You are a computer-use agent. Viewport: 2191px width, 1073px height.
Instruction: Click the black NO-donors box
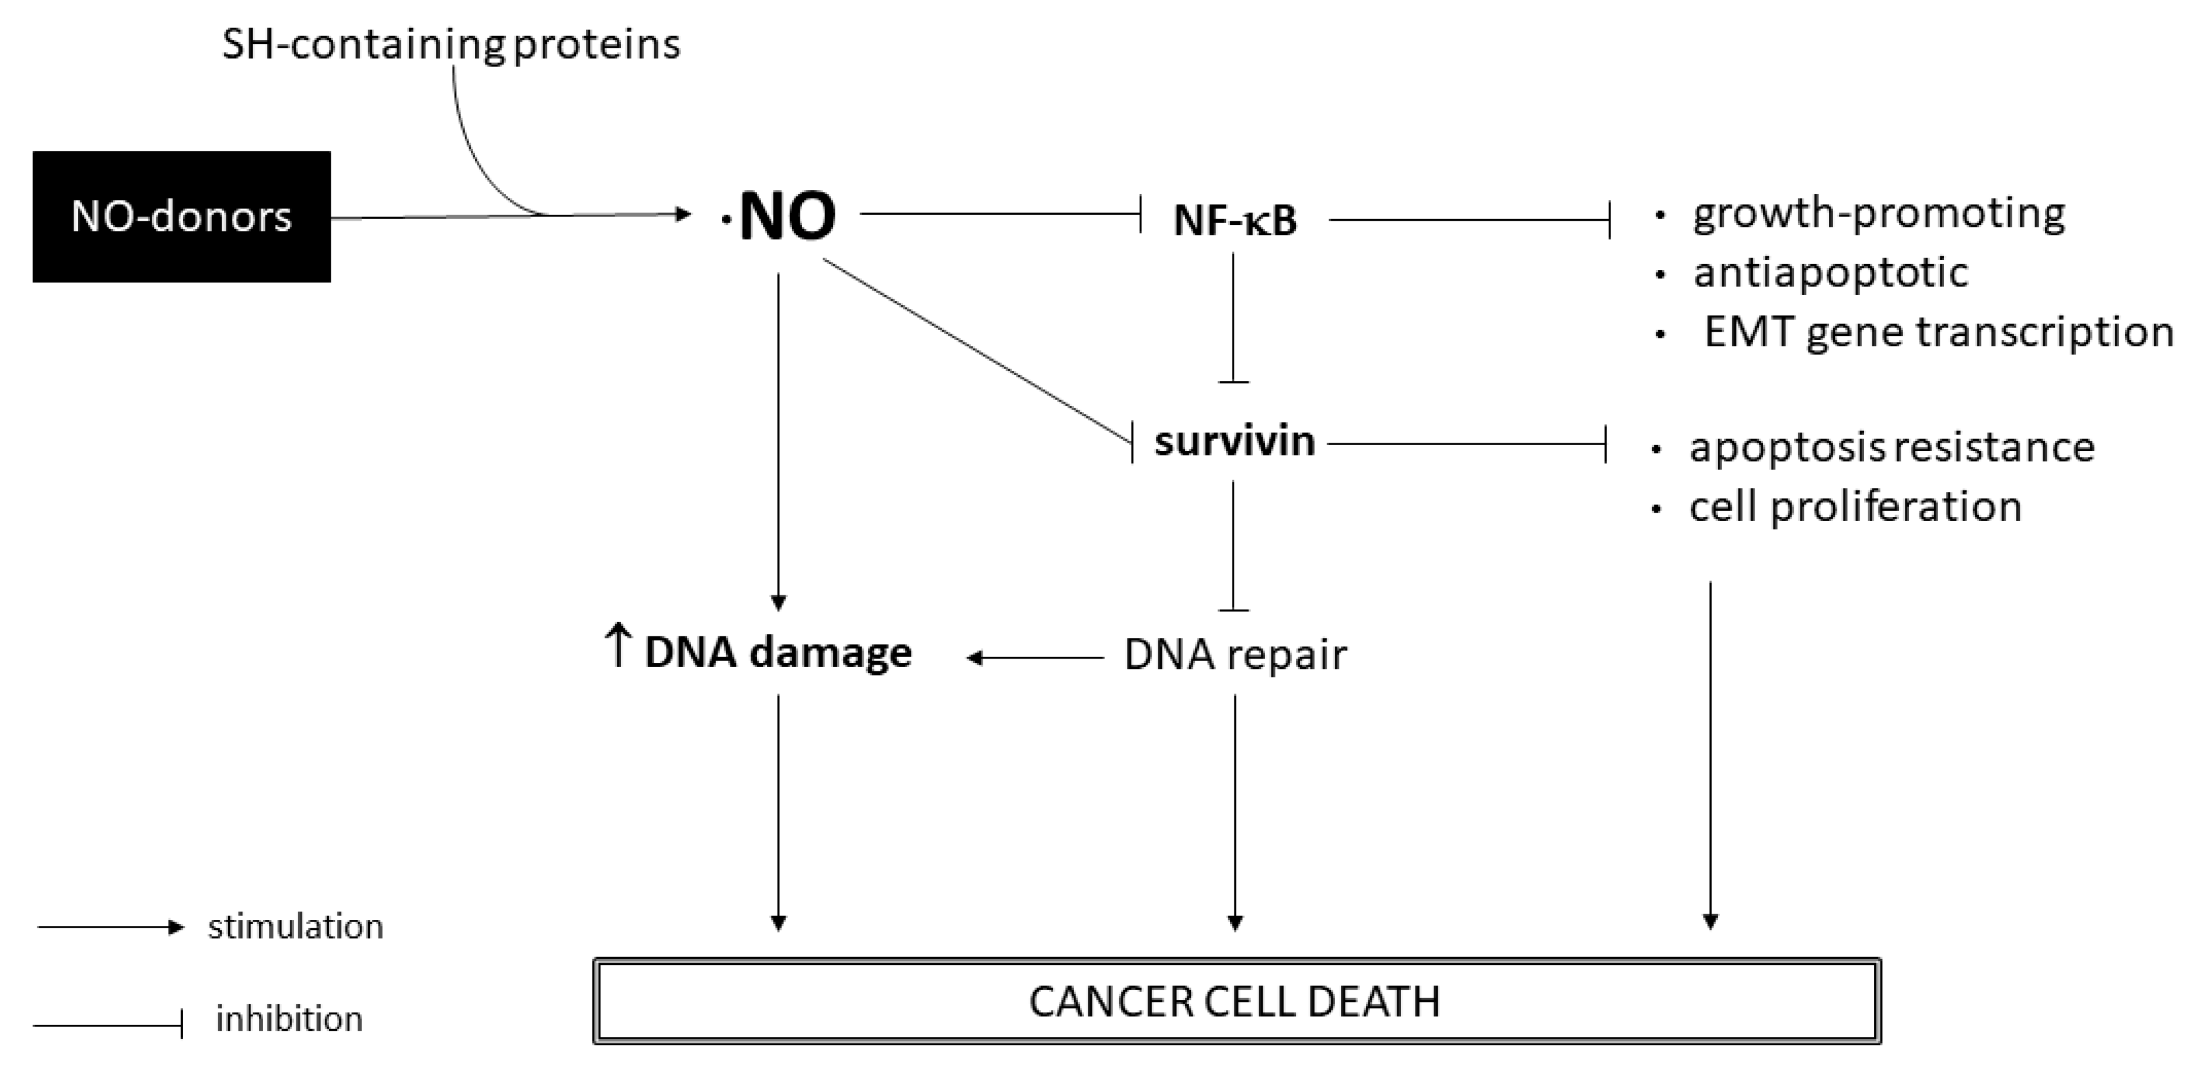(181, 217)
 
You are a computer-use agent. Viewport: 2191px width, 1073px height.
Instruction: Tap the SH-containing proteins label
(451, 44)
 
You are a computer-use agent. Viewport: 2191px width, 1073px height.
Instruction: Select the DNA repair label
(1235, 654)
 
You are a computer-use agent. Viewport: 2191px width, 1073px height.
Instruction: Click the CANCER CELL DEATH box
(1236, 1001)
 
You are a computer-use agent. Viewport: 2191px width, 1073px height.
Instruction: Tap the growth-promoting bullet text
(1878, 214)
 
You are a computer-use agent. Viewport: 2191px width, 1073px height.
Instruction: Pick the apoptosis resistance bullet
(1892, 447)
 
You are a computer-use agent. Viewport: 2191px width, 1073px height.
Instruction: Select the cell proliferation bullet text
(1855, 507)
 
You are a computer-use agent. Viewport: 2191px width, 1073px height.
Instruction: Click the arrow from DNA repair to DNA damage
(1035, 657)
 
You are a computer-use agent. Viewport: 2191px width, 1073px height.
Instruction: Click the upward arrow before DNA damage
(617, 645)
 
